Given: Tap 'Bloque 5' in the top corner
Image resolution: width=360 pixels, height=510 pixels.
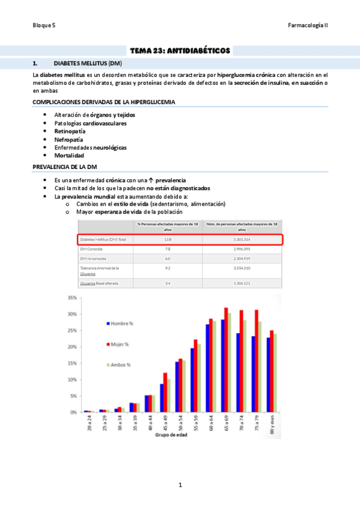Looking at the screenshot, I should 44,26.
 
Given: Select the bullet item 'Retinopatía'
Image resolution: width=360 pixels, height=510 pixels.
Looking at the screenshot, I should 70,131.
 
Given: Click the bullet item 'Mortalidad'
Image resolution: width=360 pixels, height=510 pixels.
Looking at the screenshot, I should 69,155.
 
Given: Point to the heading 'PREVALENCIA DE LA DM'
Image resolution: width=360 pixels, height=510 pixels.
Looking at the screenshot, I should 64,167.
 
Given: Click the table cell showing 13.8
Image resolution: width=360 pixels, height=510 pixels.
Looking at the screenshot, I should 168,239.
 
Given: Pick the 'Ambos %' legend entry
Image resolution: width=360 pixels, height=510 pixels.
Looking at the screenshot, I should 122,365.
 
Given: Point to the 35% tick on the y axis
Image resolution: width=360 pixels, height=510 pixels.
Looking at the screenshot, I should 71,298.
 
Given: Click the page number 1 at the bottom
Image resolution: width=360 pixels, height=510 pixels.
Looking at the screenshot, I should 180,485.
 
